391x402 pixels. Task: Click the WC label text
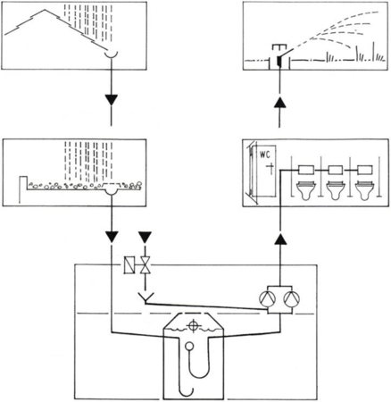pos(264,155)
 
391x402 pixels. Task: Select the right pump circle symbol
pos(292,299)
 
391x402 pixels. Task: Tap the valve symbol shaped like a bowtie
pos(146,264)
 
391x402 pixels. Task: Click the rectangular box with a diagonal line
pos(129,264)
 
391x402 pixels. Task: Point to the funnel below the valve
pos(146,297)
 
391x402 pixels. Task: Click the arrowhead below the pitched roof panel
pos(112,100)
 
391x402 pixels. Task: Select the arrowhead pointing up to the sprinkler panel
pos(279,104)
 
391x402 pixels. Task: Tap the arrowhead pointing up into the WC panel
pos(280,239)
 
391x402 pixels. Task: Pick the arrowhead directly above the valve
pos(146,237)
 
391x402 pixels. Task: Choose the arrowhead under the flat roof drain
pos(112,237)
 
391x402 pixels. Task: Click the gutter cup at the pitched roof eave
pos(111,55)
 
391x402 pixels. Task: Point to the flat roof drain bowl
pos(111,193)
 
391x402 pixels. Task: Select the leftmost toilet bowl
pos(306,189)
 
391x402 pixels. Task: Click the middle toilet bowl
pos(336,189)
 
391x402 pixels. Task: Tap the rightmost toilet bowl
pos(365,189)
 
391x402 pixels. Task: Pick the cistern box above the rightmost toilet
pos(365,170)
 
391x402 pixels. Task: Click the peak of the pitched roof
pos(45,10)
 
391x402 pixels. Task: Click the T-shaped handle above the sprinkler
pos(279,48)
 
